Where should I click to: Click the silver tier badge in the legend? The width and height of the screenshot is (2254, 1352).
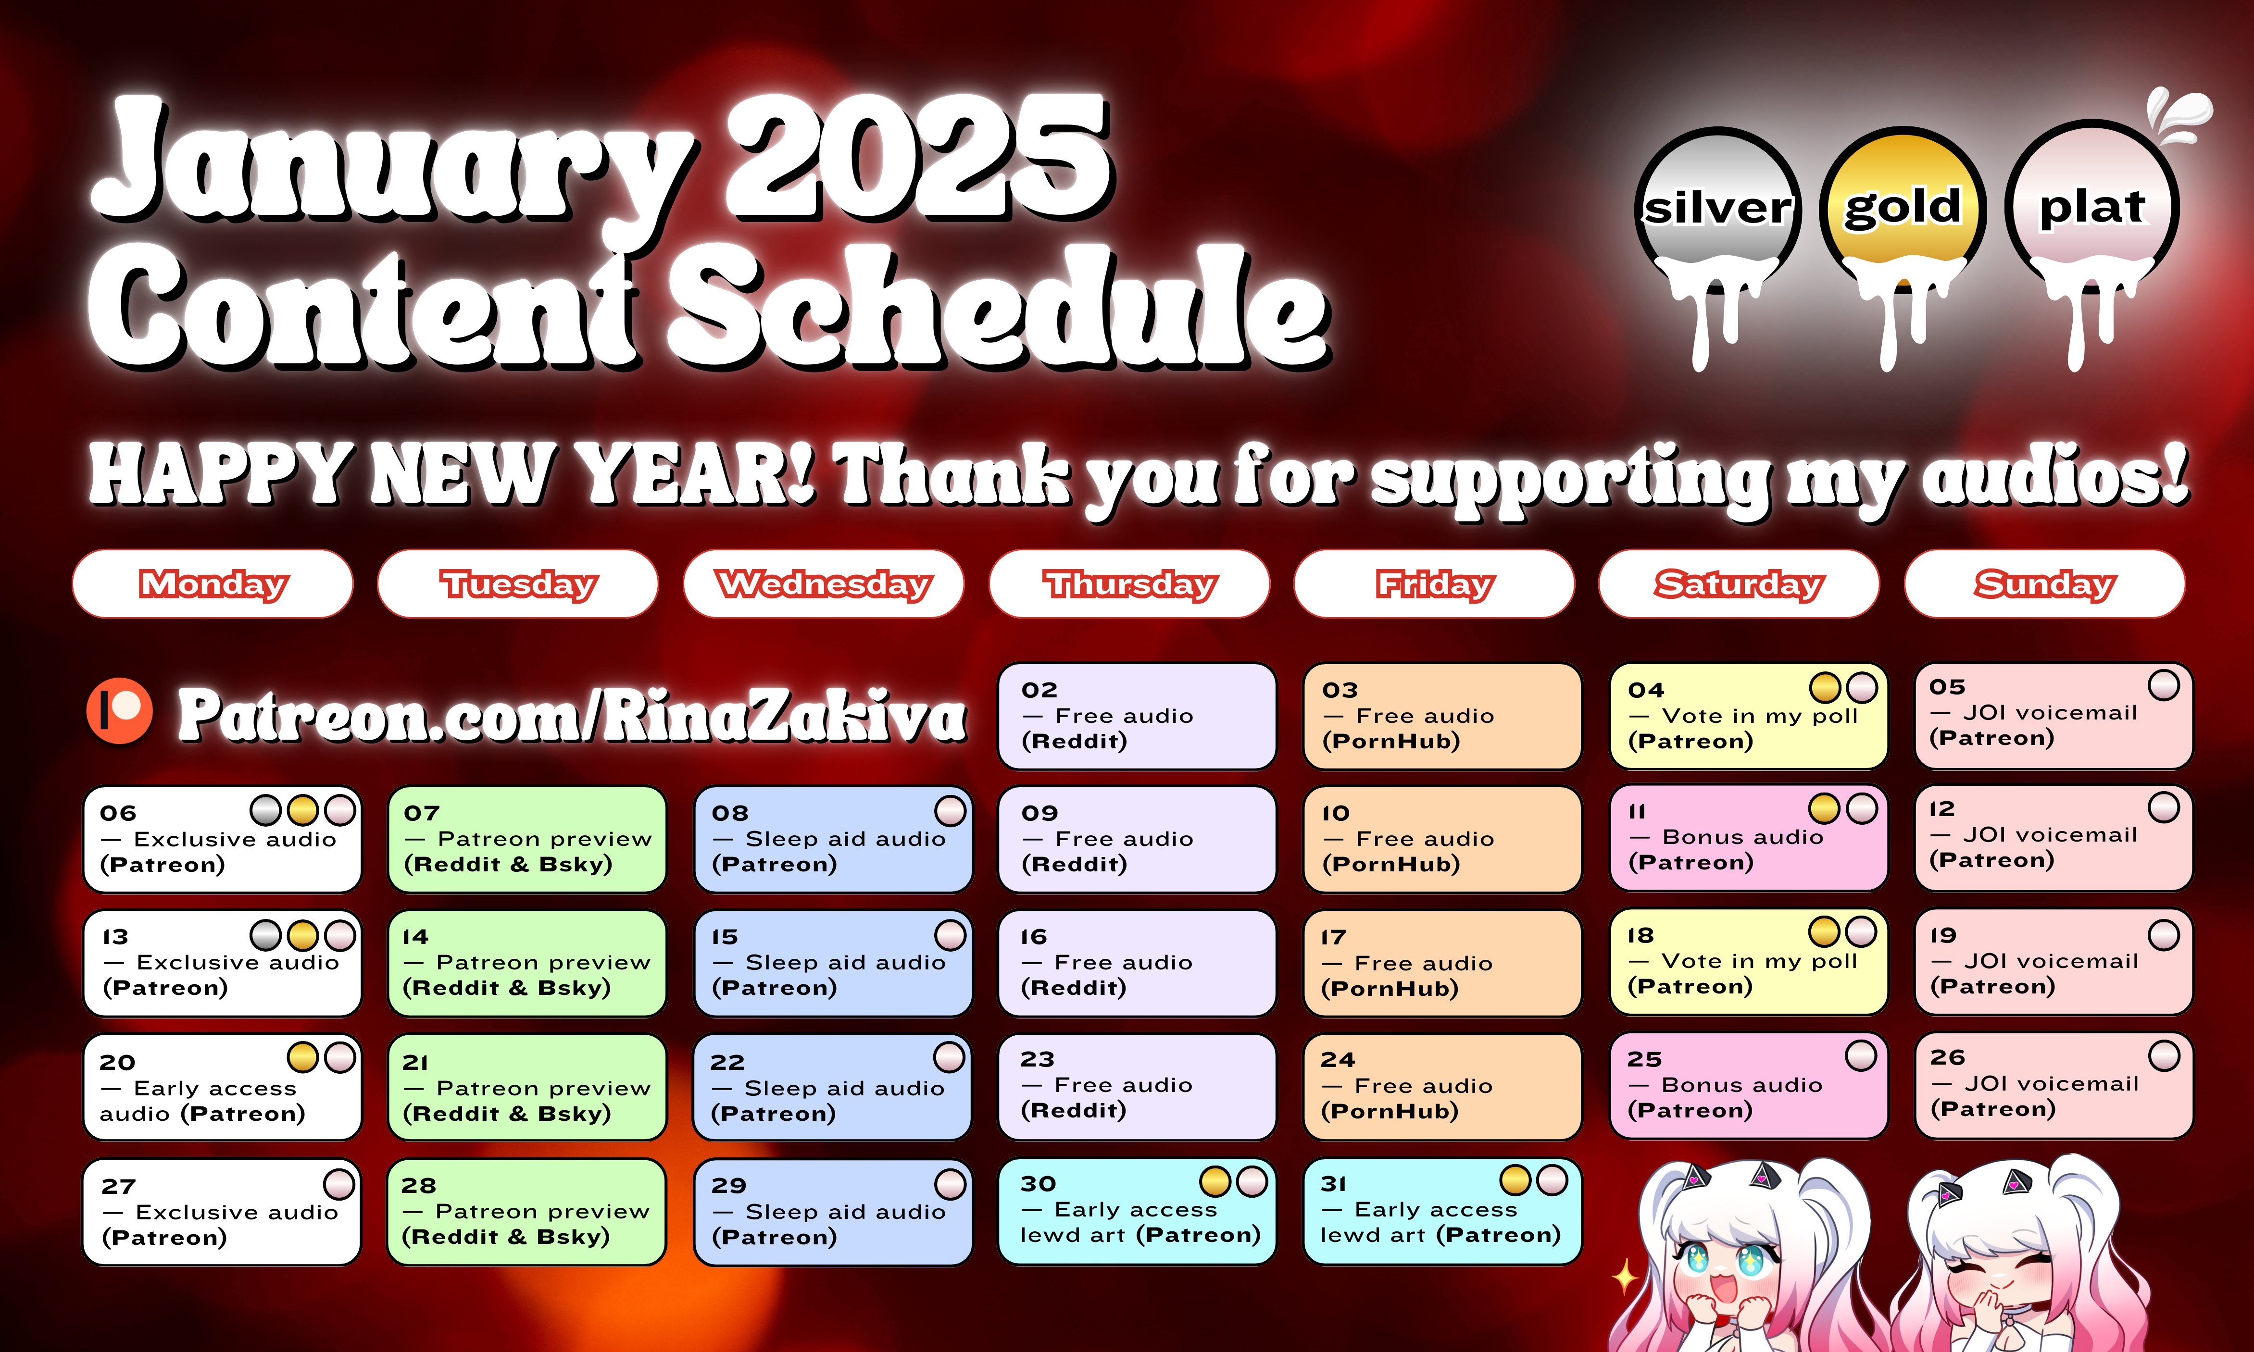pyautogui.click(x=1718, y=210)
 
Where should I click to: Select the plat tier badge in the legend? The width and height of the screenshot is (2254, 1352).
pyautogui.click(x=2092, y=210)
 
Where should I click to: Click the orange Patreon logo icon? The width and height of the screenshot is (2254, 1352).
pyautogui.click(x=119, y=711)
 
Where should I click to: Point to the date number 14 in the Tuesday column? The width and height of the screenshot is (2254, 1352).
pyautogui.click(x=415, y=937)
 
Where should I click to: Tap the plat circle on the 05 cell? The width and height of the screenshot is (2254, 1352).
pyautogui.click(x=2164, y=685)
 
